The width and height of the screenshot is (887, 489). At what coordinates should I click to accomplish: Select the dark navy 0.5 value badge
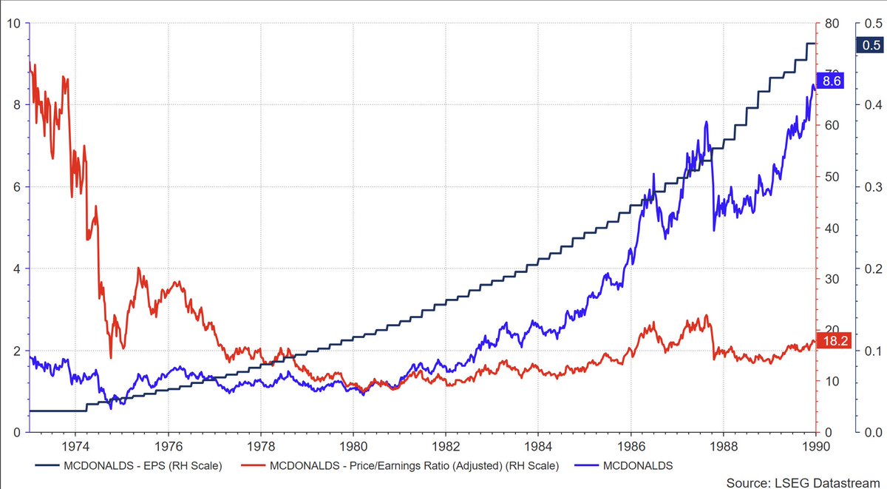868,45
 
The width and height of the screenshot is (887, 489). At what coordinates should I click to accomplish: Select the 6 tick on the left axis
16,187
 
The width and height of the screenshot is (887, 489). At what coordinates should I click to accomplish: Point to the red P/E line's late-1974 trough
111,357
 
